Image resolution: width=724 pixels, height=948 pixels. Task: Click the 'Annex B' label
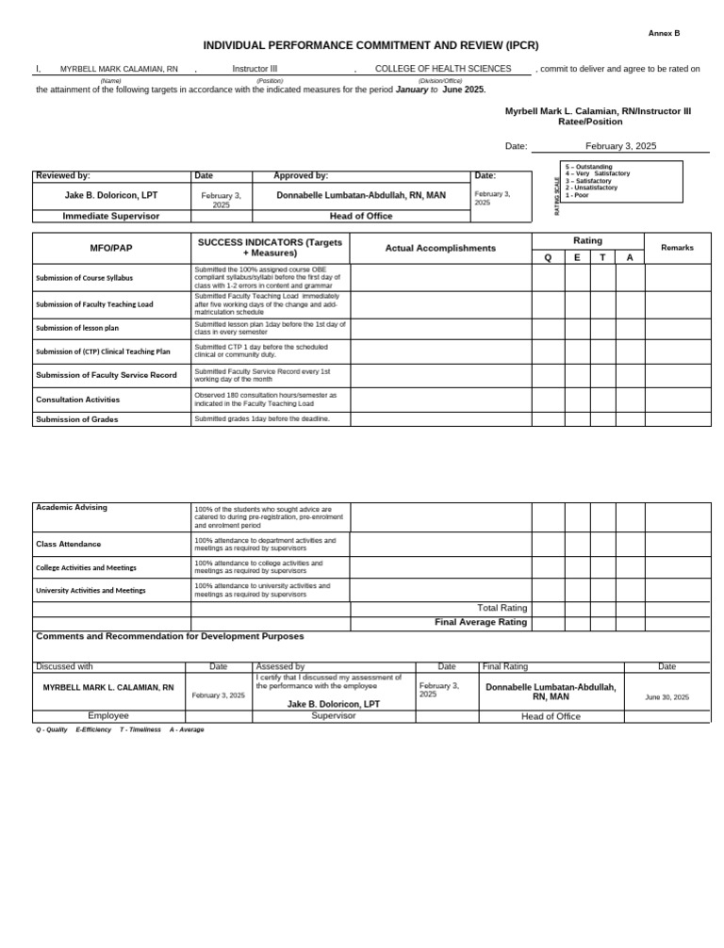[664, 33]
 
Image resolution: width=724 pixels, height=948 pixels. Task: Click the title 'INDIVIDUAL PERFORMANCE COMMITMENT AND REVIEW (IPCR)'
[357, 46]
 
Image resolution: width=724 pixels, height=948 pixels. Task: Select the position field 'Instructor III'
[255, 69]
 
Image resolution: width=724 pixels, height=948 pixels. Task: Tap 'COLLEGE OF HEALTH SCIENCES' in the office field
[443, 69]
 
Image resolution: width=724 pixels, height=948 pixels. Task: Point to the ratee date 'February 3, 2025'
[620, 146]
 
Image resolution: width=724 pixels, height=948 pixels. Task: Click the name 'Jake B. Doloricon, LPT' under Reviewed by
[111, 195]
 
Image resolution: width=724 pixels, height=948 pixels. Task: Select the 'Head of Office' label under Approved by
[361, 216]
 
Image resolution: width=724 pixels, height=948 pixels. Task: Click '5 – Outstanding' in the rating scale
[588, 167]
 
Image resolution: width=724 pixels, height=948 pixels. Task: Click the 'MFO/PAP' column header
[110, 248]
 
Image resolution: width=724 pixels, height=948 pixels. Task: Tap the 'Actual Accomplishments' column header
[440, 248]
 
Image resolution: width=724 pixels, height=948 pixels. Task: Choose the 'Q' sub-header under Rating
[548, 257]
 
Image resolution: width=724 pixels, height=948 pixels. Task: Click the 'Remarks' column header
[677, 248]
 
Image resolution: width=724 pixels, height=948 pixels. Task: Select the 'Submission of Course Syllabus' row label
[84, 278]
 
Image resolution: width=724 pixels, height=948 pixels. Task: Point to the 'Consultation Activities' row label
[77, 400]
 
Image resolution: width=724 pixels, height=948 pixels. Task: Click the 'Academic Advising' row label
[72, 507]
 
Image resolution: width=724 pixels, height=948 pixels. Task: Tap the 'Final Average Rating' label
[480, 622]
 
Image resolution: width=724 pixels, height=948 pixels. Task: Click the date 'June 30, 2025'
[666, 697]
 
